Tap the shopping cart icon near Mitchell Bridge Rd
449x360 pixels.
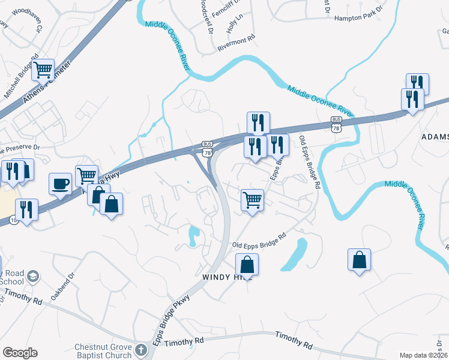43,71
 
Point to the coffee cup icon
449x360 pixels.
60,184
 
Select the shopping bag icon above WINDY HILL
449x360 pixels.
247,265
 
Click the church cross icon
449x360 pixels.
140,350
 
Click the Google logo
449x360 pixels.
20,353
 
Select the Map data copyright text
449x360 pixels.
423,355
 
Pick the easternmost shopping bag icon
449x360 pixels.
359,260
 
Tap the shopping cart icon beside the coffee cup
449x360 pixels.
87,175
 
